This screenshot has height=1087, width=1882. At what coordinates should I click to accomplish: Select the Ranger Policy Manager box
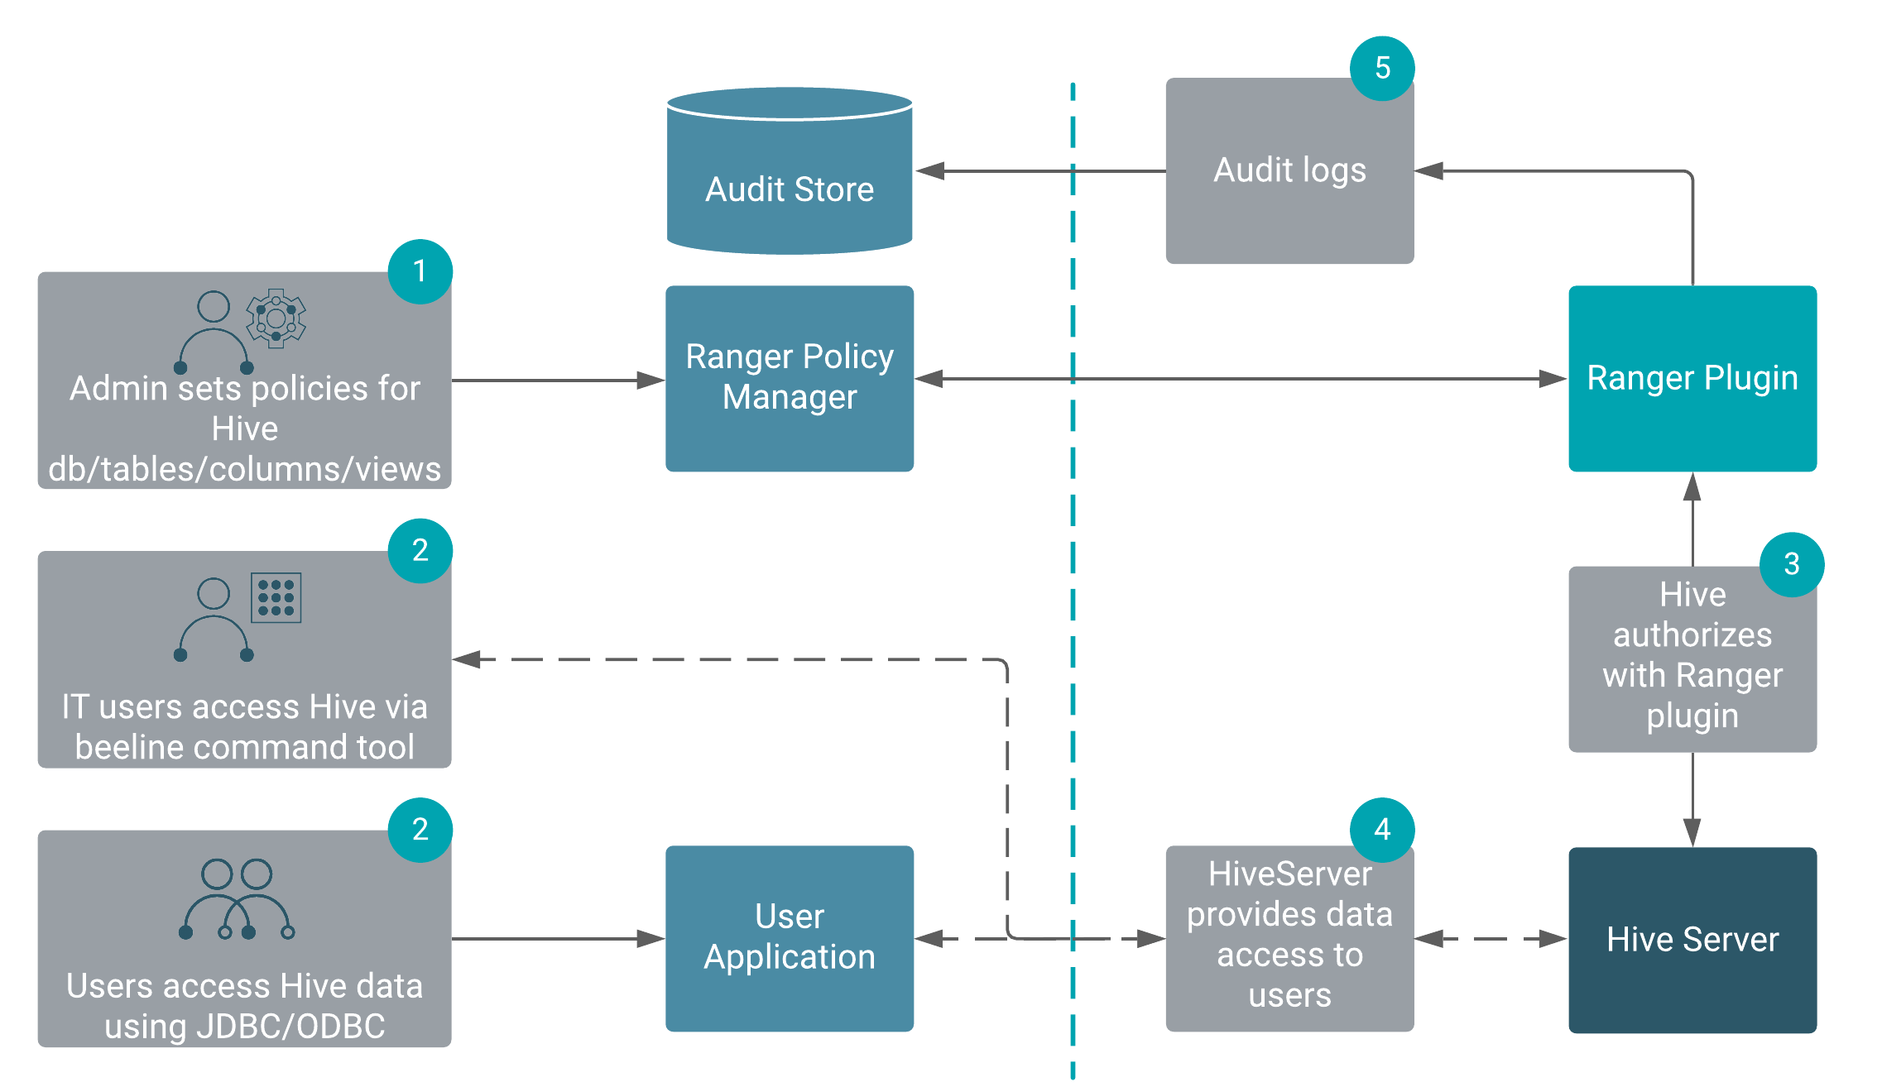click(x=790, y=378)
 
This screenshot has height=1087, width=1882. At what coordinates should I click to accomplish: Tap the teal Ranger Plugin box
click(x=1692, y=378)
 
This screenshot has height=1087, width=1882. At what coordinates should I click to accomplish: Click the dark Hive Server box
click(x=1692, y=940)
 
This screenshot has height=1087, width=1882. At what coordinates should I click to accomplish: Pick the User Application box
click(x=790, y=938)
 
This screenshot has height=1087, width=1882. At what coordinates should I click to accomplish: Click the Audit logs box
click(x=1289, y=171)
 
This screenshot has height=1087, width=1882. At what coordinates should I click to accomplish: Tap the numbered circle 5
click(x=1382, y=69)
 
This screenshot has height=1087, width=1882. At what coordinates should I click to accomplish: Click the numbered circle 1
click(x=420, y=271)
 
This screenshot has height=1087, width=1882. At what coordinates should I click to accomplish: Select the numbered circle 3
click(x=1791, y=564)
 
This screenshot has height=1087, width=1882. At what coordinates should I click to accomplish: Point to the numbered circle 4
click(x=1382, y=830)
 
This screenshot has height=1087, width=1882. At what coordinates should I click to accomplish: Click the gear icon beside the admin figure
click(x=276, y=318)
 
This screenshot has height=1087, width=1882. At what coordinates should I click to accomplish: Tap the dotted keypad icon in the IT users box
click(x=276, y=597)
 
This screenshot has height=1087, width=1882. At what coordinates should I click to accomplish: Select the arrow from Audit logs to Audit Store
click(x=1035, y=171)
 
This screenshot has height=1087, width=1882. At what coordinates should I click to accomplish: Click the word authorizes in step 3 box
click(x=1692, y=635)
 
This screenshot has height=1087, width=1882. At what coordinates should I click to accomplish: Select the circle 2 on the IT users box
click(x=420, y=551)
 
